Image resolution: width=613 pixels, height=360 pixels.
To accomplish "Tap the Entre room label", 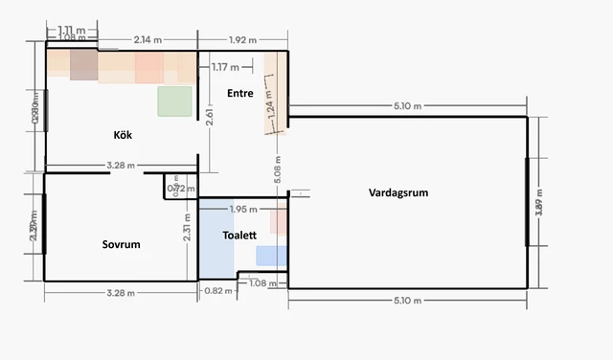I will (x=240, y=93).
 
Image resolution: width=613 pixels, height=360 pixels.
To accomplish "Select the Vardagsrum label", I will (x=397, y=192).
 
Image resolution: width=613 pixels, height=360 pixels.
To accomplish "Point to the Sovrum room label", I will (x=122, y=244).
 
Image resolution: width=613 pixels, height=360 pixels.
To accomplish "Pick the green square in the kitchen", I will (x=175, y=101).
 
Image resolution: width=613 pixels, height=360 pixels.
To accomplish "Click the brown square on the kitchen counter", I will (x=84, y=66).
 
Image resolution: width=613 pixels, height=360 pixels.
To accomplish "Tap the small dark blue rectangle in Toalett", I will (x=271, y=256).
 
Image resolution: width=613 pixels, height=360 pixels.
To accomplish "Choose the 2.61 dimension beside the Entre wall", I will (x=210, y=117).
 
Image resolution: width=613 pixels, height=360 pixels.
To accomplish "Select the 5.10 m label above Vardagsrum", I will (x=406, y=106).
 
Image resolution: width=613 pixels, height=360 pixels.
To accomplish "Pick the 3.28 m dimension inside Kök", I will (x=121, y=166).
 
